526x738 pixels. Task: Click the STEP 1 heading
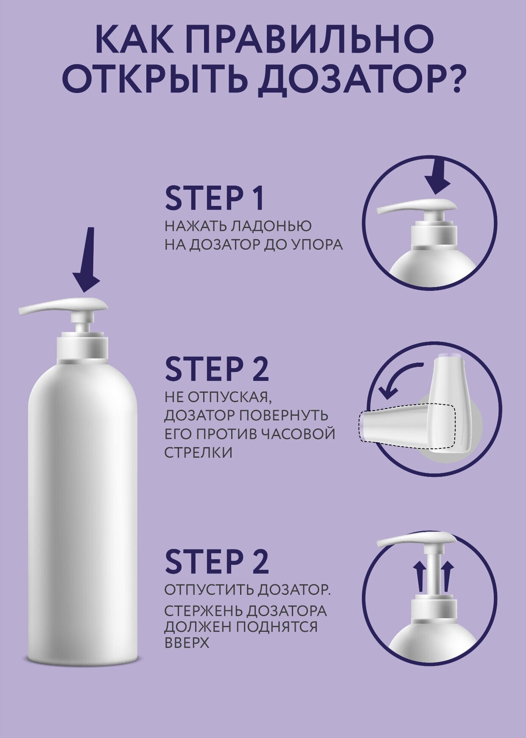tap(215, 198)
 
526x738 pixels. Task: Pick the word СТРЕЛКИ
tap(199, 453)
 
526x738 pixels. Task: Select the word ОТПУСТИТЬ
tap(209, 590)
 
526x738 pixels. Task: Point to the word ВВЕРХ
tap(187, 642)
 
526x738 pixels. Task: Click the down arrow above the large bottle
tap(87, 260)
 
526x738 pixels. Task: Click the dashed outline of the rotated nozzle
tap(407, 427)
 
